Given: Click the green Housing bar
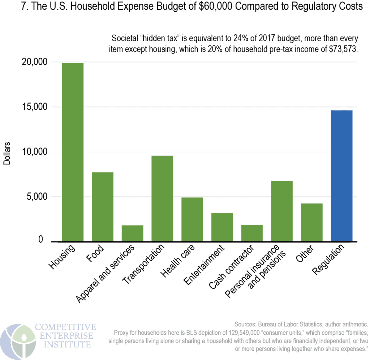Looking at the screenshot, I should [x=73, y=152].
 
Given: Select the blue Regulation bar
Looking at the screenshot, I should [x=341, y=176].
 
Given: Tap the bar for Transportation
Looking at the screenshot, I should [x=162, y=198].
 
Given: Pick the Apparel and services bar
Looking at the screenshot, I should [x=132, y=233].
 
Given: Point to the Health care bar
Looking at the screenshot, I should [x=192, y=219].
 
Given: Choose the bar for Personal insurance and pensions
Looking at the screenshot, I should [x=282, y=211].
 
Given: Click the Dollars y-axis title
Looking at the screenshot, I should [x=7, y=153].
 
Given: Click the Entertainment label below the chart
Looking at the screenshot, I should [x=205, y=264].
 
